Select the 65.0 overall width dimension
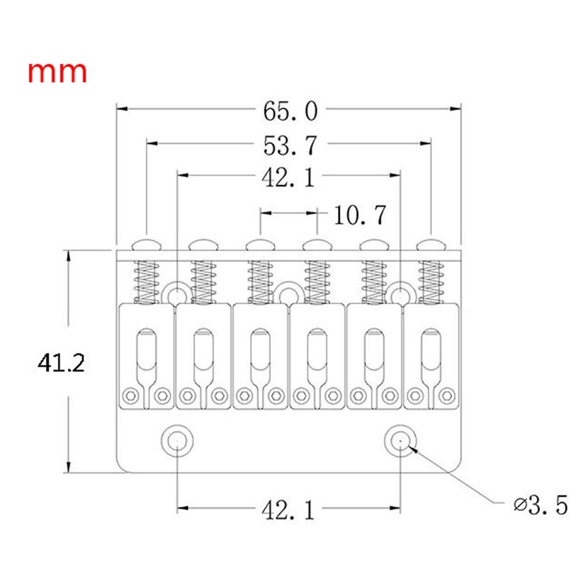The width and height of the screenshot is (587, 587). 290,110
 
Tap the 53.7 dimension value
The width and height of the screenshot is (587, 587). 291,145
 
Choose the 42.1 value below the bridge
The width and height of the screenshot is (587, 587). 288,511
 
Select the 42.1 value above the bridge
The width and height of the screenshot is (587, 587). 288,177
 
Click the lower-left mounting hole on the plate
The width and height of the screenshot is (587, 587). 177,438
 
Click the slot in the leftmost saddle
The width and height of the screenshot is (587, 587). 146,355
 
